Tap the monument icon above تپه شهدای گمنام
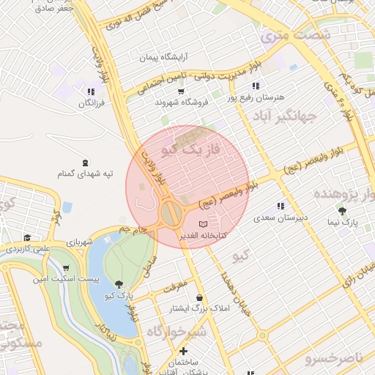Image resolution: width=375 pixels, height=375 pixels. click(x=87, y=162)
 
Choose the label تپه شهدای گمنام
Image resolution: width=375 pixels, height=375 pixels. click(x=87, y=174)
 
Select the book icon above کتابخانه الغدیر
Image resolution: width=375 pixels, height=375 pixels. click(x=203, y=223)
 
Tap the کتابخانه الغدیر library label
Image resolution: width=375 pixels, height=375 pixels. click(x=204, y=235)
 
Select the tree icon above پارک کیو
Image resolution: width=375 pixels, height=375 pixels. click(x=119, y=283)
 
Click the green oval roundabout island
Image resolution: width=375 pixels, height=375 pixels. click(x=171, y=215)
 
